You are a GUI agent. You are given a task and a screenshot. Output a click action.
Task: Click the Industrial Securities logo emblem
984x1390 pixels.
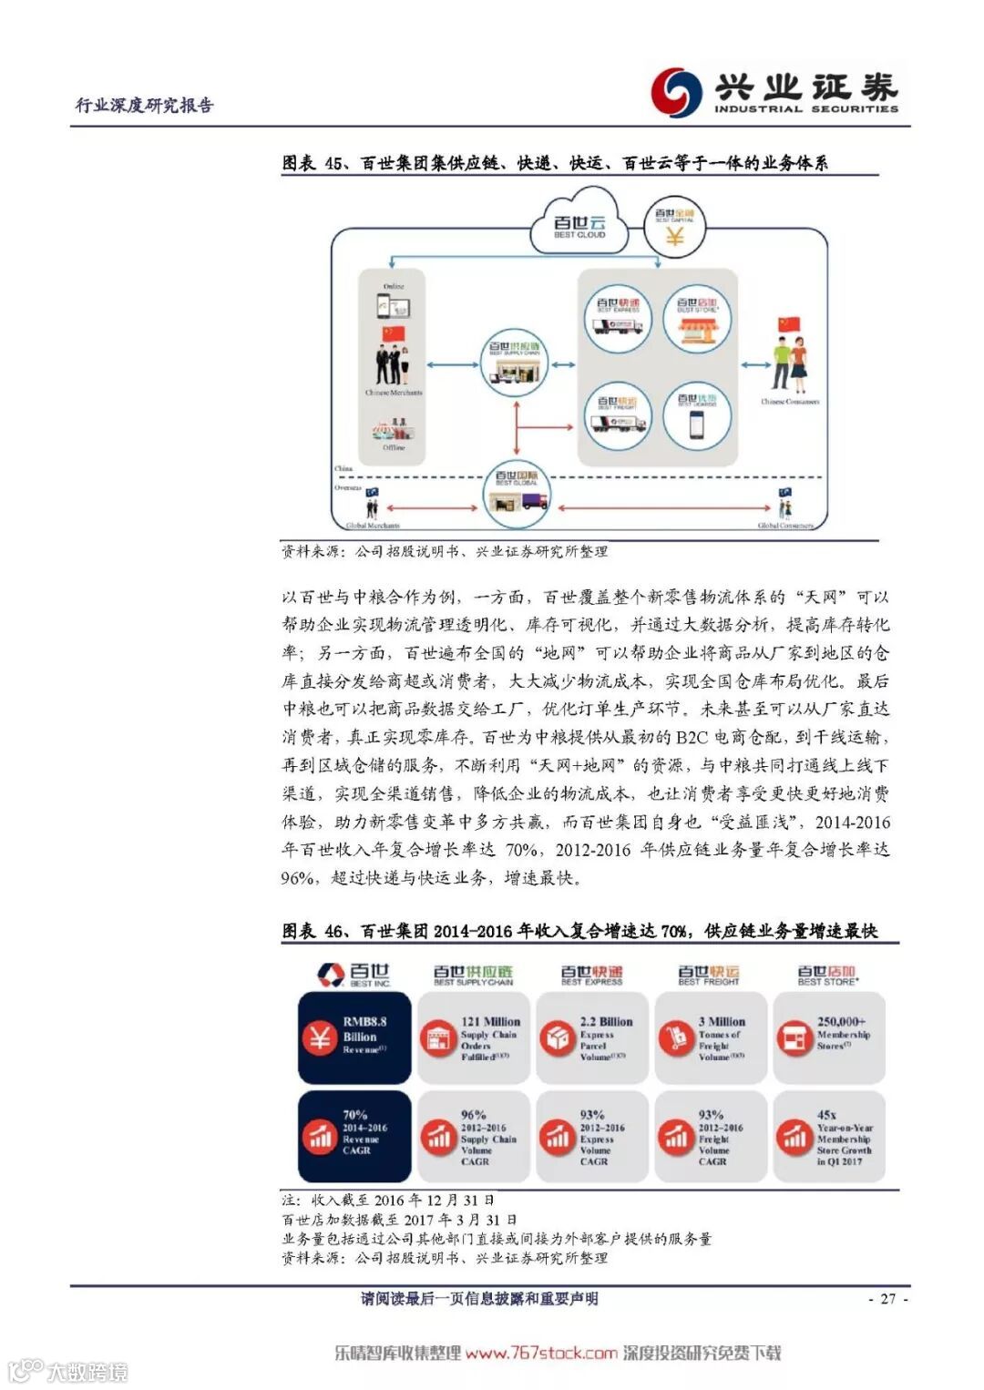click(676, 91)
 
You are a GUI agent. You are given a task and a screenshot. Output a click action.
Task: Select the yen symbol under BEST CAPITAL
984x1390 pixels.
click(674, 236)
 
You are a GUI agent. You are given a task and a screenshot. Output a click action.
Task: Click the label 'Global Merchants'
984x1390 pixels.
click(373, 526)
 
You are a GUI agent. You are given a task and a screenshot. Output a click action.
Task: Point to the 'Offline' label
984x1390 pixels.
click(394, 448)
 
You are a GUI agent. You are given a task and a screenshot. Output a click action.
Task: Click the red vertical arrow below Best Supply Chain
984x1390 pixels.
click(517, 428)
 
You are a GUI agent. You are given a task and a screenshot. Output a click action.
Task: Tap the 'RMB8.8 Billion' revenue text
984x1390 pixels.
click(364, 1029)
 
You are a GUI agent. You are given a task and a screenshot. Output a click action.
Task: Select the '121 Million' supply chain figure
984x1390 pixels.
click(490, 1022)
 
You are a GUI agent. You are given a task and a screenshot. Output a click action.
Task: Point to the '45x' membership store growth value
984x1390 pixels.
click(826, 1115)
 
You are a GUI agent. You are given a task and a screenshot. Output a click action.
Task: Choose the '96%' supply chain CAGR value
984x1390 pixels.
click(473, 1115)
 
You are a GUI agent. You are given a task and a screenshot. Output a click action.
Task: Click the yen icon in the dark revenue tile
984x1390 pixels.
click(320, 1037)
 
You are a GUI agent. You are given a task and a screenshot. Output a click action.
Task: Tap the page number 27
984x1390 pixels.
click(888, 1299)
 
